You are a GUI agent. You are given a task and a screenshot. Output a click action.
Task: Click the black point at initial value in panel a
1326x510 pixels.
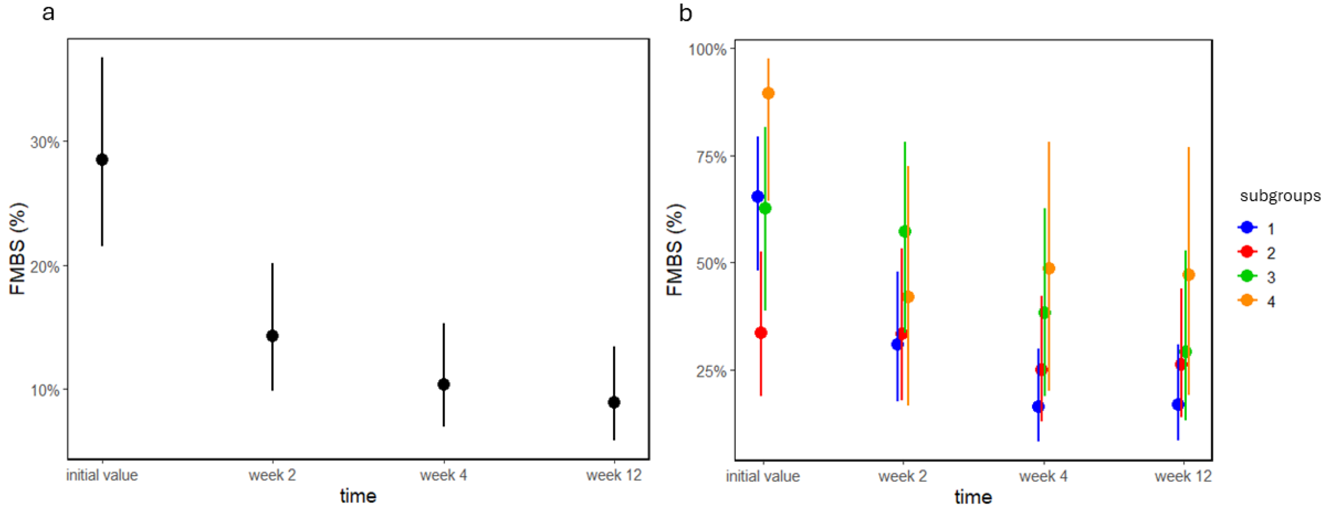point(102,159)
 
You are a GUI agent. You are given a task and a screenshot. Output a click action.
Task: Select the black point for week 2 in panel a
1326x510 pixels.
point(272,336)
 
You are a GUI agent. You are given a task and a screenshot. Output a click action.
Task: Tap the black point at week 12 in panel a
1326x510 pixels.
point(614,402)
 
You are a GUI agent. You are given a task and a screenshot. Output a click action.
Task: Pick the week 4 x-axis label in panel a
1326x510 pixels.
point(443,475)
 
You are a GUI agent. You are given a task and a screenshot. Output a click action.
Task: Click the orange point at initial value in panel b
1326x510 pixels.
point(768,93)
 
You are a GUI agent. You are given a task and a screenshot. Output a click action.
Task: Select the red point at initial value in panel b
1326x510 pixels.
point(761,332)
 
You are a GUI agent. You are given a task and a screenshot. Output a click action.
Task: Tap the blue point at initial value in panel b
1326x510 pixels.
point(757,196)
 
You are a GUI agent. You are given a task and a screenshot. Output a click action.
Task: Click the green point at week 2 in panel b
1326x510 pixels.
point(904,231)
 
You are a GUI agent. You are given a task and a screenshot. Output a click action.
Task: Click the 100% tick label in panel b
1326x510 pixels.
point(707,49)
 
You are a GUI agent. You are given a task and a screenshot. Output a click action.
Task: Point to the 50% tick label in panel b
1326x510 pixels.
point(711,264)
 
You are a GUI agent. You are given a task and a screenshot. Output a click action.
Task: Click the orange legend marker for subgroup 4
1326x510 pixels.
point(1247,301)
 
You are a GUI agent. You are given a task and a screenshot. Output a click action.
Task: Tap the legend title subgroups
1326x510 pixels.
point(1280,196)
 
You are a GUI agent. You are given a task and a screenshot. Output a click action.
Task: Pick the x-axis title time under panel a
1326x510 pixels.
point(358,496)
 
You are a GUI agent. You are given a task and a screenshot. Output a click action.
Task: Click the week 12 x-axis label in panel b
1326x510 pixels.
point(1183,476)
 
